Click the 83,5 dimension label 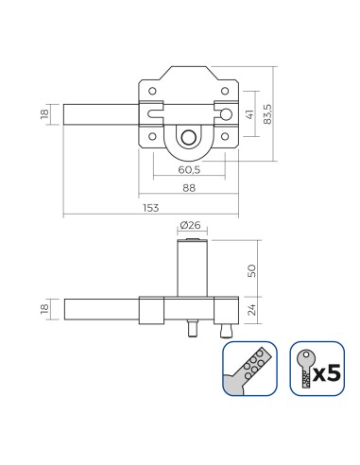[267, 113]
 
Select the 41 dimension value [250, 114]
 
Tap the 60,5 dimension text [189, 170]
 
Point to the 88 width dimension [189, 188]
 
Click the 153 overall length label [151, 208]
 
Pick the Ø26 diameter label [190, 225]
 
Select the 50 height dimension [251, 270]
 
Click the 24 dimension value [251, 310]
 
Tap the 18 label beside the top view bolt [44, 114]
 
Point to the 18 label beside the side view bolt [44, 309]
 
